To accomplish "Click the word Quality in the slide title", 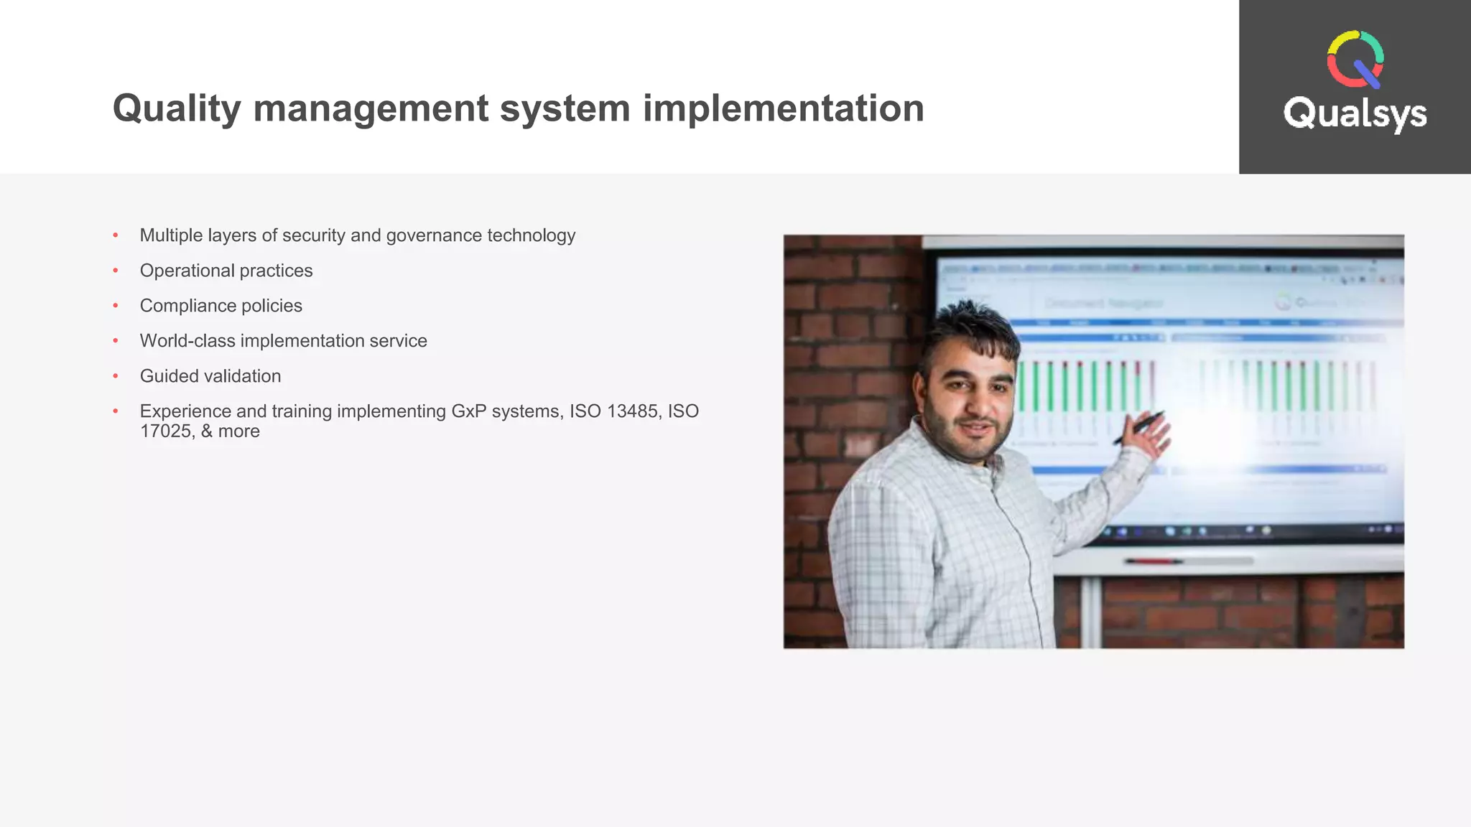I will [x=176, y=109].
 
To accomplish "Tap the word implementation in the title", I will [x=783, y=109].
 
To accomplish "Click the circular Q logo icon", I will [x=1355, y=60].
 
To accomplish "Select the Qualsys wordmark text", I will [x=1355, y=114].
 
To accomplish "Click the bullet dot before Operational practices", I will [x=116, y=271].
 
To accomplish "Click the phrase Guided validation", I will [x=210, y=376].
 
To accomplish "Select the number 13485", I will [x=632, y=411].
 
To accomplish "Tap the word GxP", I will [x=468, y=411].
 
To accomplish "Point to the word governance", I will [x=433, y=235].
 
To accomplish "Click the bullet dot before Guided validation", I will [x=116, y=376].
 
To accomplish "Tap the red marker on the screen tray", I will [x=1154, y=561].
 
